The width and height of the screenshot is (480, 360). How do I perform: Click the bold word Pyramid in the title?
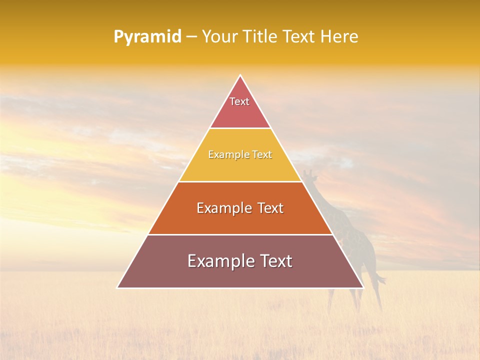pyautogui.click(x=147, y=37)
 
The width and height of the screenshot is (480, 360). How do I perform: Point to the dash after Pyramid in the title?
pyautogui.click(x=191, y=37)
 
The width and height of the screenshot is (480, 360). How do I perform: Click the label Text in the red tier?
pyautogui.click(x=239, y=101)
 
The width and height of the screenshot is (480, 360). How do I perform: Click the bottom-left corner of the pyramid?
pyautogui.click(x=118, y=287)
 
